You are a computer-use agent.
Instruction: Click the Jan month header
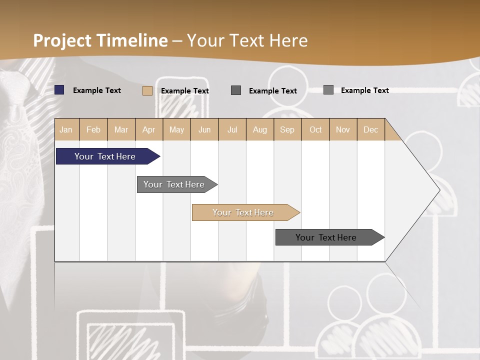click(66, 129)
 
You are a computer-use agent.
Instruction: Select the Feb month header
click(93, 129)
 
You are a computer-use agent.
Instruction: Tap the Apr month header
click(149, 129)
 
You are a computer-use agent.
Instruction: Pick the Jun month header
click(204, 129)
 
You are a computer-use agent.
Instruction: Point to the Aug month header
click(260, 129)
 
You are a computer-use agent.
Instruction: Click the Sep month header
click(287, 129)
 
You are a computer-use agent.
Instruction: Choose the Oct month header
click(315, 129)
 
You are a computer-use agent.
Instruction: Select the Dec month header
click(371, 129)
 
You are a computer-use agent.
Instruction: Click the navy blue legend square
click(59, 90)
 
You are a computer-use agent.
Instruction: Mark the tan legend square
click(147, 90)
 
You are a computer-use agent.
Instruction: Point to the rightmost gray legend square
click(328, 90)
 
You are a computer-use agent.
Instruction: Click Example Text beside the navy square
click(97, 90)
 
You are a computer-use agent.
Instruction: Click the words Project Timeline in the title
click(100, 40)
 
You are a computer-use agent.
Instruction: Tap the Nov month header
click(343, 129)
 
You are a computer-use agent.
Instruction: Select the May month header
click(176, 129)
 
